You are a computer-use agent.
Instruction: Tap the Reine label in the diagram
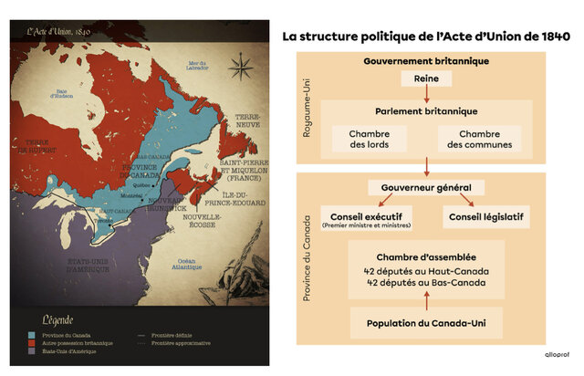click(426, 78)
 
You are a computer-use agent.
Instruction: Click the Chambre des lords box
click(369, 139)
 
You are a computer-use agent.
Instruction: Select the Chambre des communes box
click(480, 139)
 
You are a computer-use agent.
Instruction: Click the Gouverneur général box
click(426, 187)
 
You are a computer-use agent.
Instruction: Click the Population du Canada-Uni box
click(425, 323)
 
